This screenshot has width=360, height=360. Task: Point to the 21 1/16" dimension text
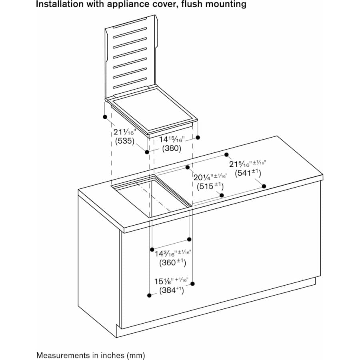pyautogui.click(x=124, y=132)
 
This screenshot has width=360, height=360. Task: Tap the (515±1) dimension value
pyautogui.click(x=210, y=186)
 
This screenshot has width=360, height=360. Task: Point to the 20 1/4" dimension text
pyautogui.click(x=210, y=176)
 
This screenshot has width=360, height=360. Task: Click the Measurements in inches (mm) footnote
pyautogui.click(x=91, y=355)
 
